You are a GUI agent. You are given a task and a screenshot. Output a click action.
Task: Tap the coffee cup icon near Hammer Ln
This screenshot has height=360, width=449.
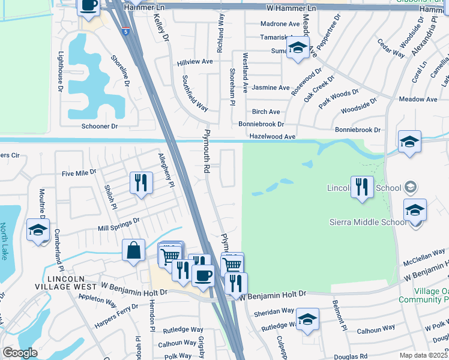[89, 6]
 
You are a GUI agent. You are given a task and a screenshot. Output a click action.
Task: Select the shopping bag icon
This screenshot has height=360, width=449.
[133, 250]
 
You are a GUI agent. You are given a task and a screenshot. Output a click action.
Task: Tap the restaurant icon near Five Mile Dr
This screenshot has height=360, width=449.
[141, 182]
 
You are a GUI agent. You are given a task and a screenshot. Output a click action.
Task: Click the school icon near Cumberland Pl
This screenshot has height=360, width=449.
[38, 230]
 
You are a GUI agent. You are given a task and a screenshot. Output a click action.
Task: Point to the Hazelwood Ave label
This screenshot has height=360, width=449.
[273, 137]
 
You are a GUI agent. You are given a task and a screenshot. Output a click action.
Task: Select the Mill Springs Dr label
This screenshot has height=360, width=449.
[119, 224]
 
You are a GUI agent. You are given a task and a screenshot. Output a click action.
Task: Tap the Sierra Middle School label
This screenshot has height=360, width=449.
[368, 222]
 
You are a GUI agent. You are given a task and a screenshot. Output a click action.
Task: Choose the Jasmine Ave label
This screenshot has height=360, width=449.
[271, 88]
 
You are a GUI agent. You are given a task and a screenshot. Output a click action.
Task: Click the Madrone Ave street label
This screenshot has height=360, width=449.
[280, 24]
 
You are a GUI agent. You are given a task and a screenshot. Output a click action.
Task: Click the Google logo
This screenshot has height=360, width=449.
[20, 353]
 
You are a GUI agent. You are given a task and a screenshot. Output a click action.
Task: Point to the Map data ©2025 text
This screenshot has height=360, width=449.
[423, 356]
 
